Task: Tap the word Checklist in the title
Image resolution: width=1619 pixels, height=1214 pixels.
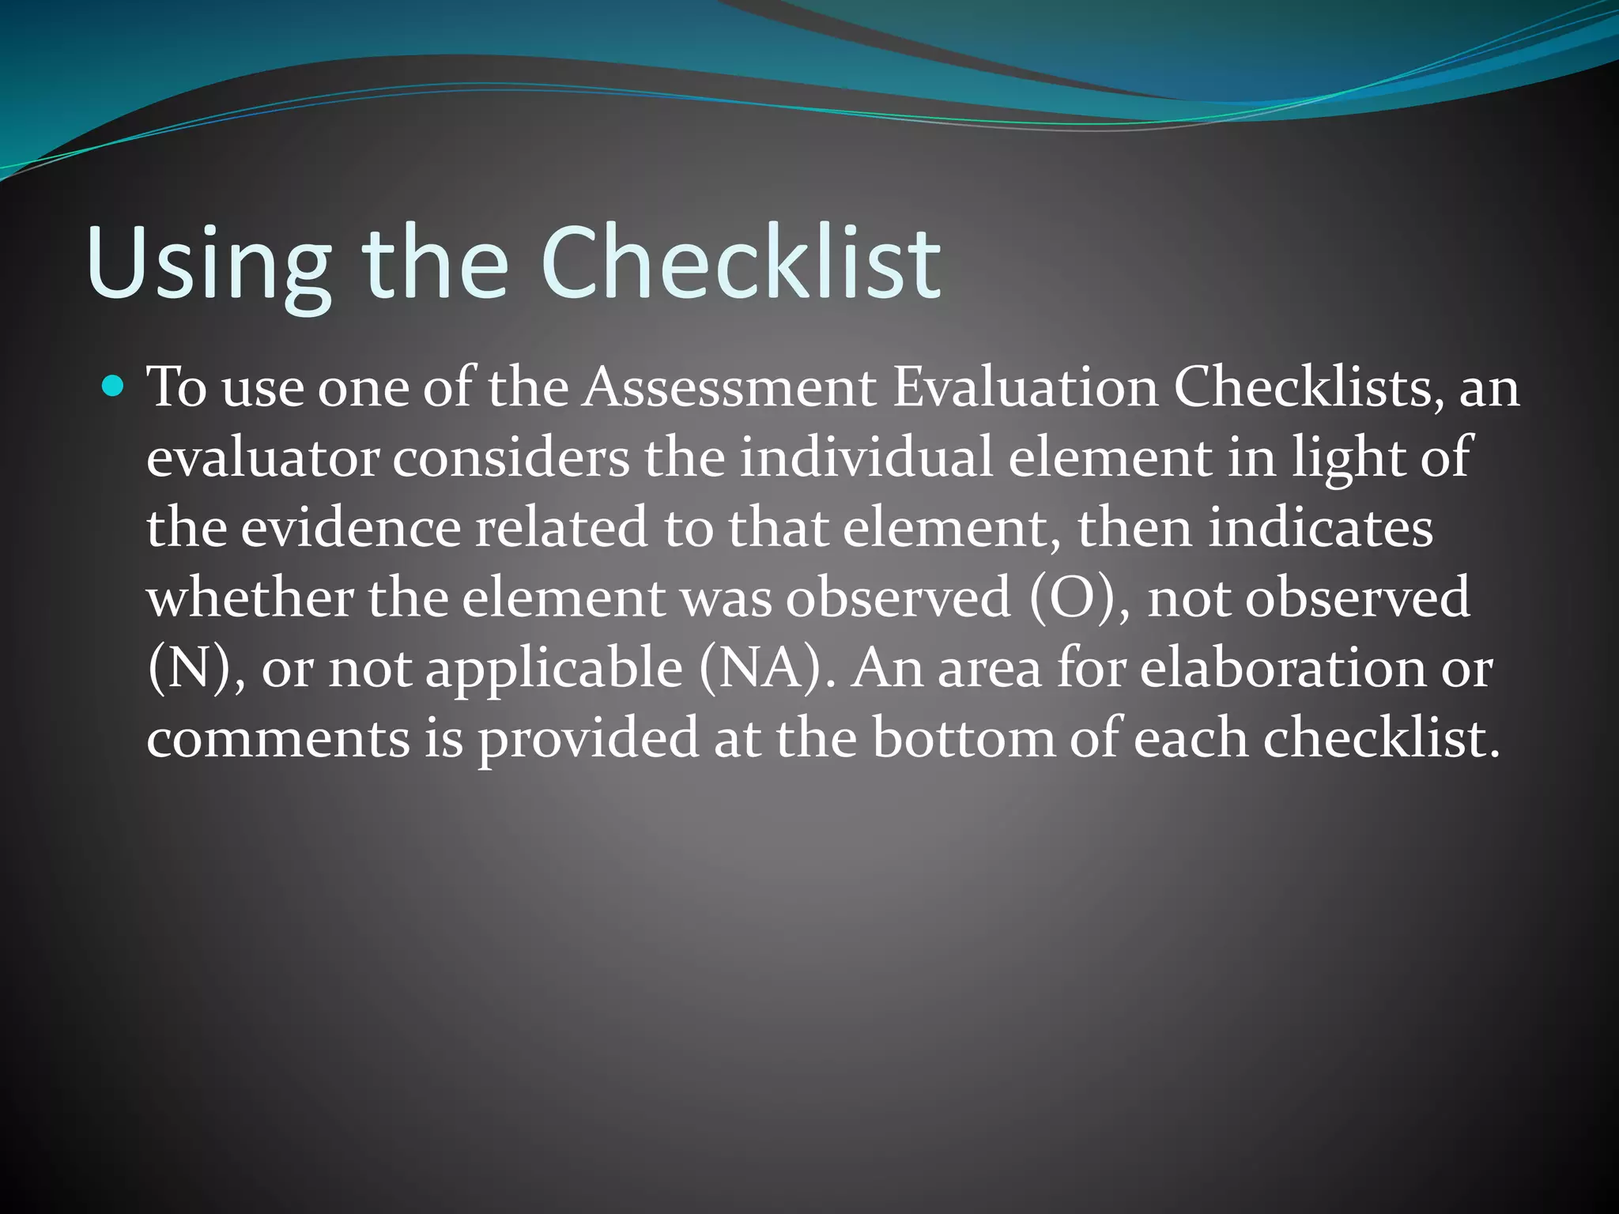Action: click(x=740, y=262)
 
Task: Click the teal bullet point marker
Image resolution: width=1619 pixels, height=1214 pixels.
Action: click(x=114, y=386)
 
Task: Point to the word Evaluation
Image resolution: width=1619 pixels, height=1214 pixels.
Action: click(x=1025, y=388)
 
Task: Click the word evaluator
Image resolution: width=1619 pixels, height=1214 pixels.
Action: click(x=262, y=458)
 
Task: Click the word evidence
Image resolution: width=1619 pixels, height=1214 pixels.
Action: click(x=350, y=528)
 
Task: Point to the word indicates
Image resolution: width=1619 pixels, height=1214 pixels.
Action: click(x=1320, y=528)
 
